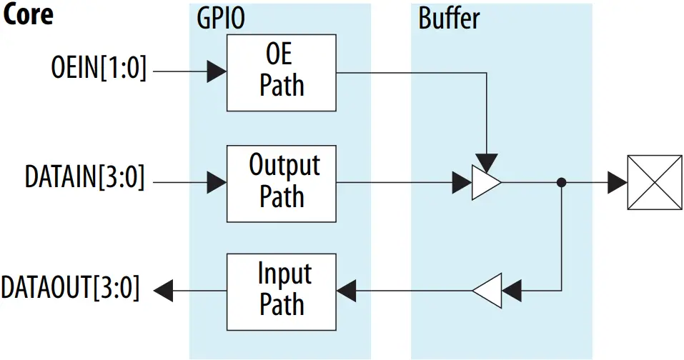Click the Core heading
[x=28, y=15]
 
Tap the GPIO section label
[x=221, y=19]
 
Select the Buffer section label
[x=449, y=19]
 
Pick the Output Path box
[x=281, y=182]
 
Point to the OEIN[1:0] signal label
[x=99, y=71]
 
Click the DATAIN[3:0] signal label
[x=85, y=179]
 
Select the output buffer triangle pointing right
[x=486, y=183]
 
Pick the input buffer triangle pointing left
[x=486, y=290]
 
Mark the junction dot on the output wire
[x=562, y=183]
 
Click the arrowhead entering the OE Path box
[x=217, y=71]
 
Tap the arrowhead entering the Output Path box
[x=217, y=183]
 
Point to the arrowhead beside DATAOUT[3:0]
[x=164, y=290]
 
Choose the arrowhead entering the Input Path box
[x=347, y=290]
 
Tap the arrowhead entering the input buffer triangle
[x=512, y=290]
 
